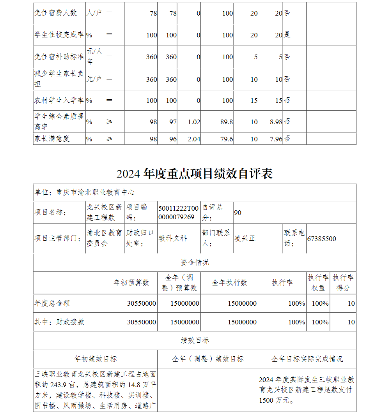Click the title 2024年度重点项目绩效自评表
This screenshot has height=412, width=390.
click(194, 174)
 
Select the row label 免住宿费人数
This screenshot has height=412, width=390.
click(55, 13)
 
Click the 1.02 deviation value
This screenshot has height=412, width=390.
click(194, 122)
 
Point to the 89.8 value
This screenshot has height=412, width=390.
click(227, 122)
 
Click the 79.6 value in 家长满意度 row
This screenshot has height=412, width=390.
click(227, 139)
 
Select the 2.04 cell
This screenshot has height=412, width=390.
click(194, 139)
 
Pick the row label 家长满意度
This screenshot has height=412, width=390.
click(52, 139)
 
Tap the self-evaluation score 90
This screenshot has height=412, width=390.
click(238, 213)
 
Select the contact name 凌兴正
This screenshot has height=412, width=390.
click(245, 238)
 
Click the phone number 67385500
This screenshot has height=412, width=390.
click(321, 239)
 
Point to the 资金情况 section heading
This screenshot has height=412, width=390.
click(195, 262)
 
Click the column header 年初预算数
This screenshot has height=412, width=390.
click(131, 283)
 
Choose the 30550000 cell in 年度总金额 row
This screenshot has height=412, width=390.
click(142, 303)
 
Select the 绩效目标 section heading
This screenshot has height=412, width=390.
click(195, 340)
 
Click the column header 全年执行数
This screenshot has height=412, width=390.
click(229, 283)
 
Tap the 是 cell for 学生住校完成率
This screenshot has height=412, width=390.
click(287, 35)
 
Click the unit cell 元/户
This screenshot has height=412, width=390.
click(94, 79)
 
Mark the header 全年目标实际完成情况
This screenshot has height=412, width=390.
click(307, 359)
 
